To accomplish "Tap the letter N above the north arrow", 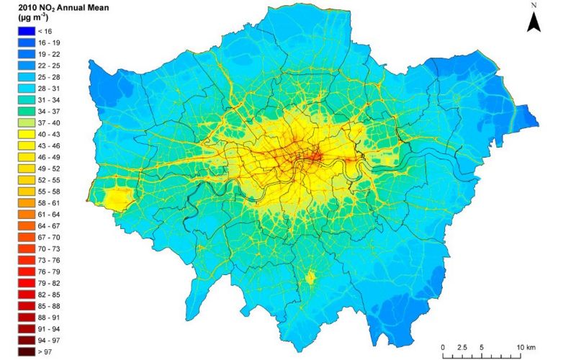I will coord(534,5).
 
